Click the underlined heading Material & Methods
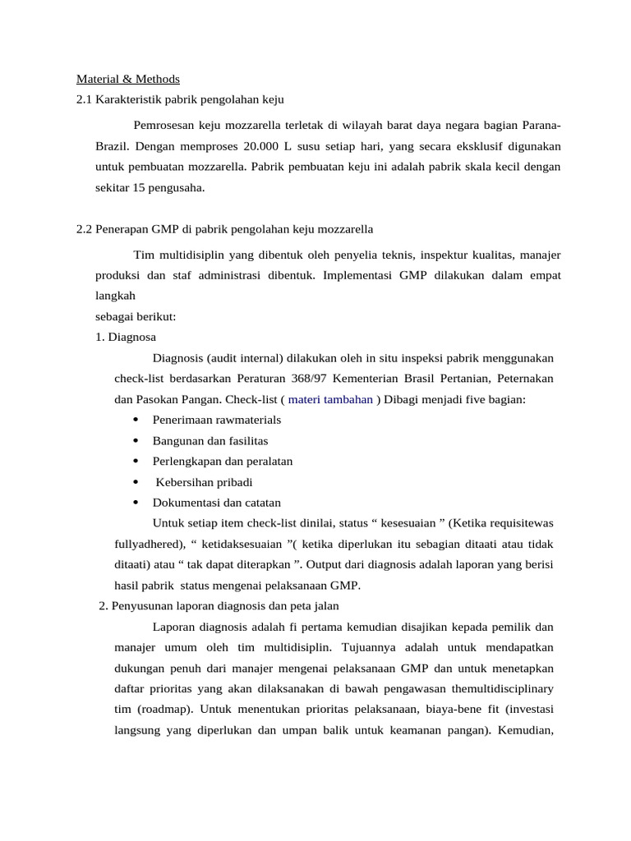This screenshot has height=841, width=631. point(127,80)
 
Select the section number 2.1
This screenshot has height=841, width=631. point(84,100)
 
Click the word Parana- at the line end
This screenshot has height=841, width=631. point(541,126)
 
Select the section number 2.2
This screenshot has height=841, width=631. point(84,228)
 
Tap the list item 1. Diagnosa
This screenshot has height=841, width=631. point(126,337)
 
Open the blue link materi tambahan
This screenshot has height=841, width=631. point(330,399)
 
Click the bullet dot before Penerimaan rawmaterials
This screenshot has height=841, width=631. point(135,420)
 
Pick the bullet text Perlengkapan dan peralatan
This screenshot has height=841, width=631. point(223,462)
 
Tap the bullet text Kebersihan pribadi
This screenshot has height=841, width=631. point(204,482)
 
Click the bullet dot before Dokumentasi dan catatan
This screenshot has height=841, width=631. point(135,503)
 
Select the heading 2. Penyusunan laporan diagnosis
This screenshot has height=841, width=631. point(219,606)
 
